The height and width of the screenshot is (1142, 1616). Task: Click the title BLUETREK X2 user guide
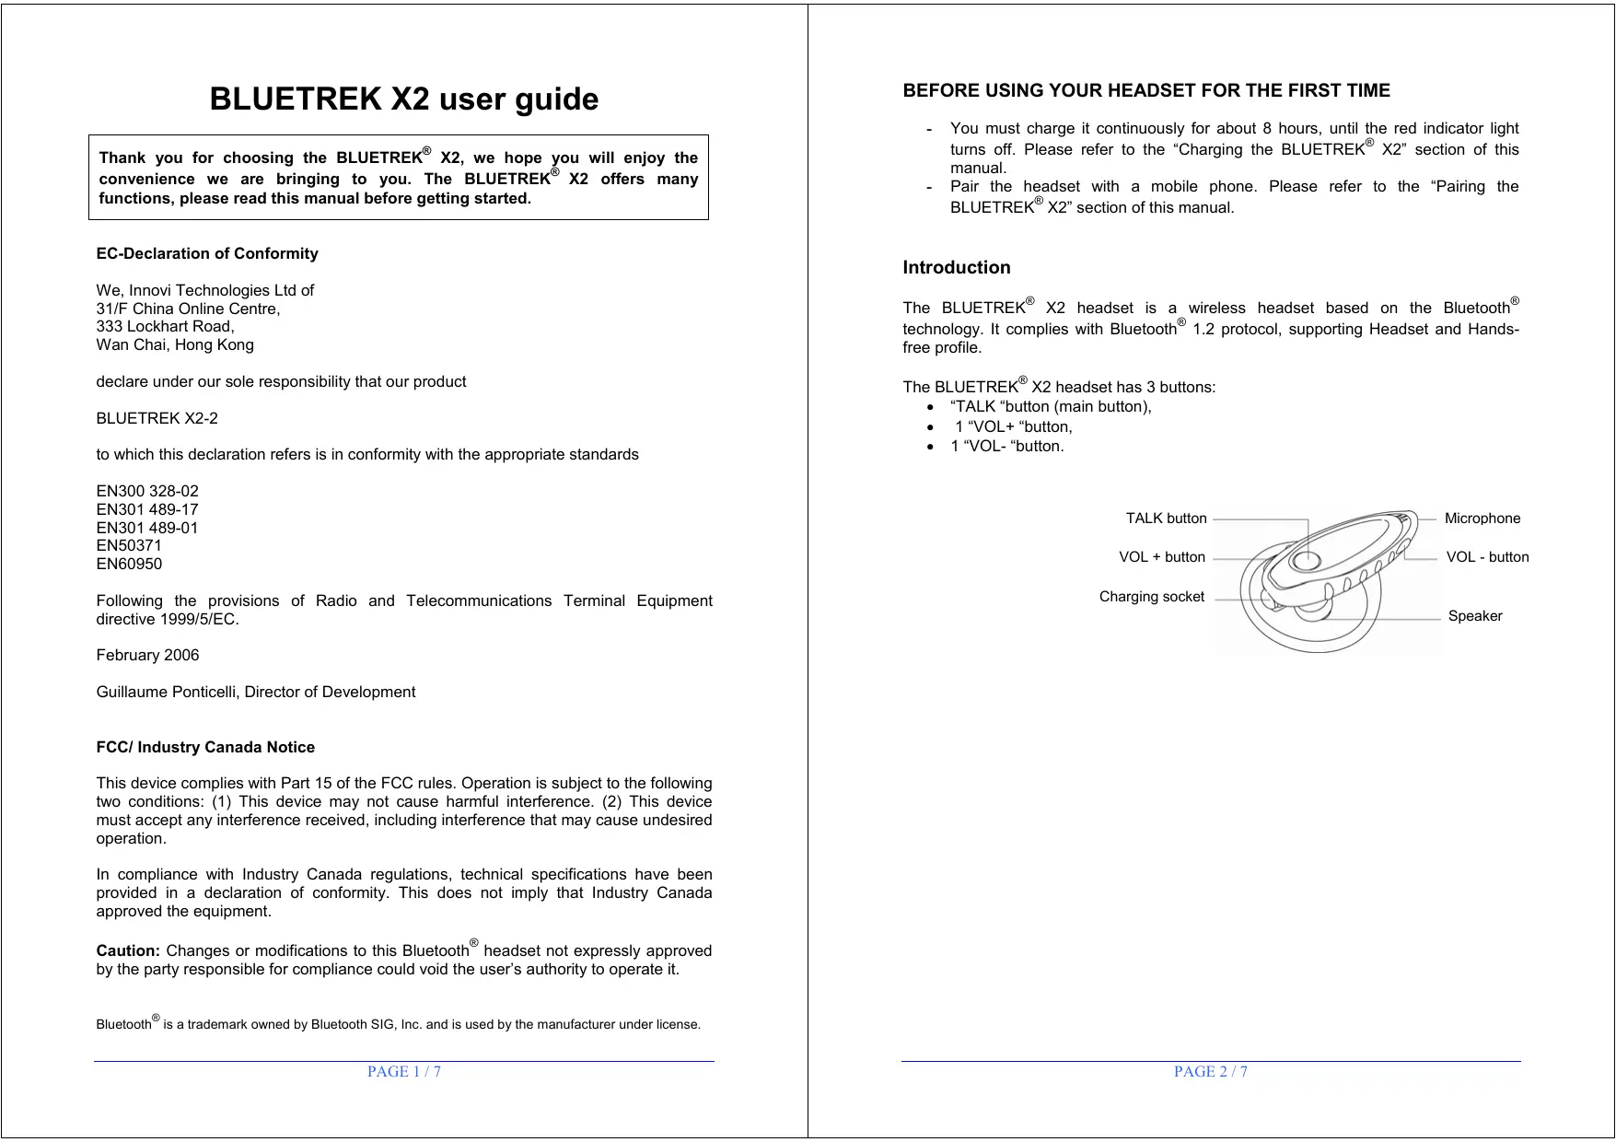coord(403,99)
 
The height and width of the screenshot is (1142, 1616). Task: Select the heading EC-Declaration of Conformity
coord(207,253)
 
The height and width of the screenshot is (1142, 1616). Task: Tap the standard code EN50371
coord(129,545)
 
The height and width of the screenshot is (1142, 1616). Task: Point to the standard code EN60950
coord(129,564)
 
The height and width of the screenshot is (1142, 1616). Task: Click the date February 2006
coord(147,655)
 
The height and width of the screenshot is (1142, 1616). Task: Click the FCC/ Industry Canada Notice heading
coord(205,747)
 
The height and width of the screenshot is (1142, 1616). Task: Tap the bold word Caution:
coord(128,950)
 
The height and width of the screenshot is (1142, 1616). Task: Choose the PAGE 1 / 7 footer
coord(404,1071)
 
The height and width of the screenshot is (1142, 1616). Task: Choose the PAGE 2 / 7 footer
coord(1211,1071)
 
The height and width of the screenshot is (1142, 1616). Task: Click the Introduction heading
coord(957,268)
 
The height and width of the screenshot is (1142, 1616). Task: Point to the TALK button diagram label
coord(1166,519)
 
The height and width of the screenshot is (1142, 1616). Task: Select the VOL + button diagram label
coord(1162,557)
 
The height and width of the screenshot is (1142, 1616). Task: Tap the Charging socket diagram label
coord(1152,597)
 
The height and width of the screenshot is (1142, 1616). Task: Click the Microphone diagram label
coord(1482,519)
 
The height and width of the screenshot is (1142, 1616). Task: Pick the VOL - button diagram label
coord(1487,557)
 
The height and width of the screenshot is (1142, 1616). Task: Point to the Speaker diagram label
coord(1475,616)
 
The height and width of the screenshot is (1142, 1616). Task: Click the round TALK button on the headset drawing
coord(1304,560)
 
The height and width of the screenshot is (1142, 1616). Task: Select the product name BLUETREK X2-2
coord(157,418)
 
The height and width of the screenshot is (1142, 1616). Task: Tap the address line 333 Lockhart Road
coord(166,326)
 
